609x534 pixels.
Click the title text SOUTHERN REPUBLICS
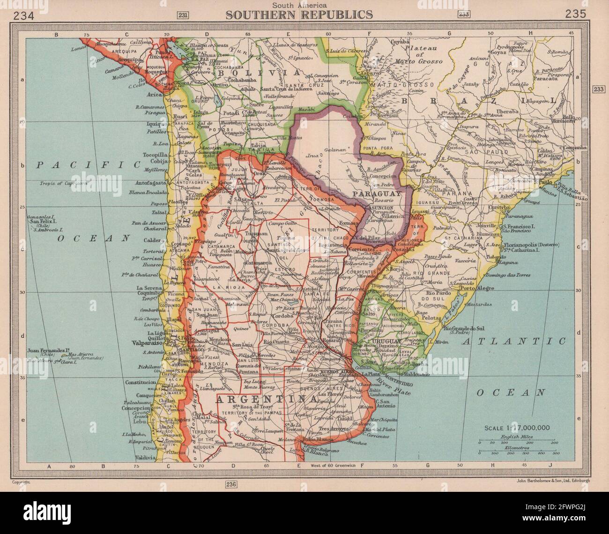(299, 15)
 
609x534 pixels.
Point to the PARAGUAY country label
(378, 193)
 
